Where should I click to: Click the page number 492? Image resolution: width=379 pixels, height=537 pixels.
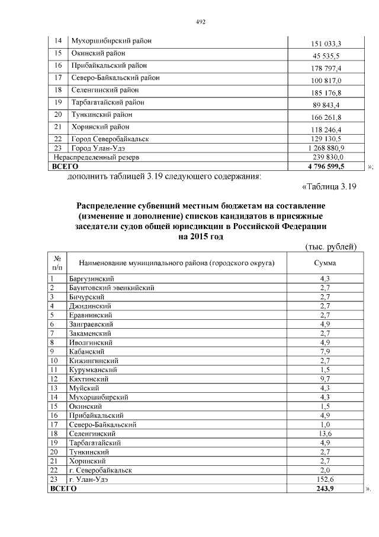click(200, 22)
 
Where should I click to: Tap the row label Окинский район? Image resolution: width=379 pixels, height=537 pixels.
click(98, 53)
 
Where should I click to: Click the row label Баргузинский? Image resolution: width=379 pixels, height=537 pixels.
click(91, 278)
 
